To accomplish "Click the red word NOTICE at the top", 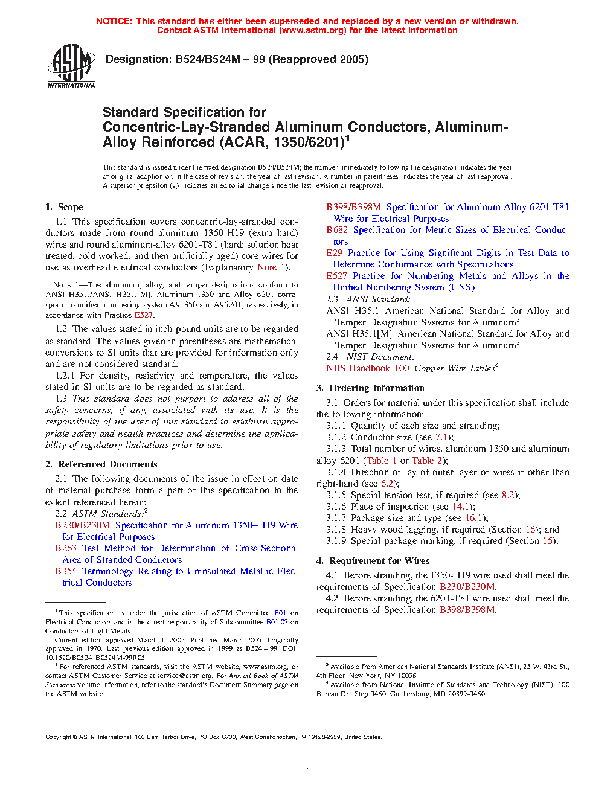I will (114, 21).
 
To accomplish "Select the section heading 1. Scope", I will (64, 207).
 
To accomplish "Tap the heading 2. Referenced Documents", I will (101, 464).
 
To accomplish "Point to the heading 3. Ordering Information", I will (370, 388).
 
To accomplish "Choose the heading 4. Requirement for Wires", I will (373, 561).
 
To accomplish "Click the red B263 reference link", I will (66, 548).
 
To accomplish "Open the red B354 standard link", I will (66, 571).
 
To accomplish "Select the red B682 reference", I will (337, 230).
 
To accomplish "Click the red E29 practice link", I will (334, 253).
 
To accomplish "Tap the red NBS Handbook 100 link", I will (367, 368).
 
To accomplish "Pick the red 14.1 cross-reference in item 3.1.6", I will (460, 507).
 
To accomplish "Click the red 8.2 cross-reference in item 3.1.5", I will (508, 495).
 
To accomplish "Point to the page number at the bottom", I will (307, 766).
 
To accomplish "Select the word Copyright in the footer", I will (58, 737).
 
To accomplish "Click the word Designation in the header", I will (138, 59).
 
